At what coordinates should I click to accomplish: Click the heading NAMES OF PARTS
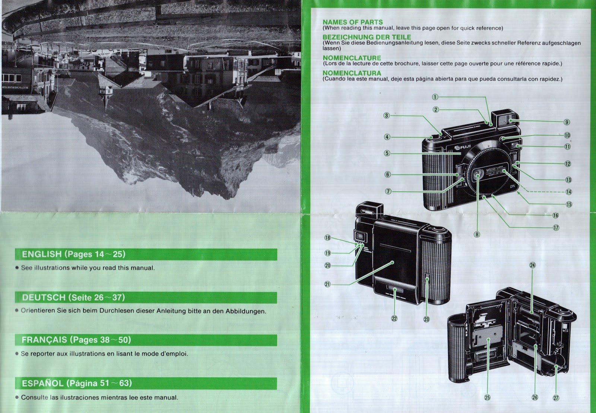352,22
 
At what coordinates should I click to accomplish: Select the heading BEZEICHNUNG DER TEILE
367,37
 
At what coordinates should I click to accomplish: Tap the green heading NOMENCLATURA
352,73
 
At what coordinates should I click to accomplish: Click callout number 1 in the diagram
435,97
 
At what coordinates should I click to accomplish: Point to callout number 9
567,122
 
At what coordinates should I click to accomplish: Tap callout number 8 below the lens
477,234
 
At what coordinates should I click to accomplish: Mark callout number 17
556,228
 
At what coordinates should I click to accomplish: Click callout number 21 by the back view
327,284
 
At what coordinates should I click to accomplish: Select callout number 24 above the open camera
532,265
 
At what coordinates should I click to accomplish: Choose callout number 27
556,398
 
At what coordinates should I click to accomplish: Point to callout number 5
387,153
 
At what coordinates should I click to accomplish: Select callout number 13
568,180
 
